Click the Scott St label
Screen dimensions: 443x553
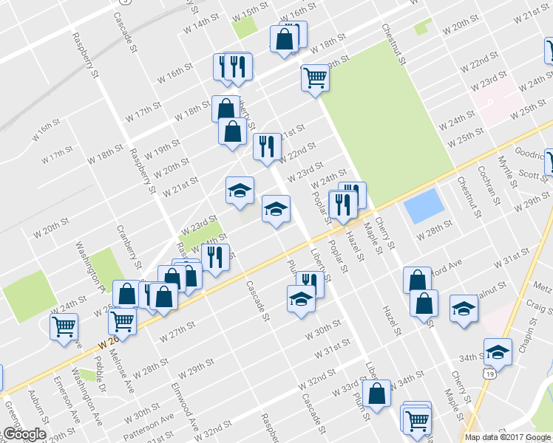531,175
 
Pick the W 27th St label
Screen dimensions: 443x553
177,330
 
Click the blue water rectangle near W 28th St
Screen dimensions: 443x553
424,207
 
